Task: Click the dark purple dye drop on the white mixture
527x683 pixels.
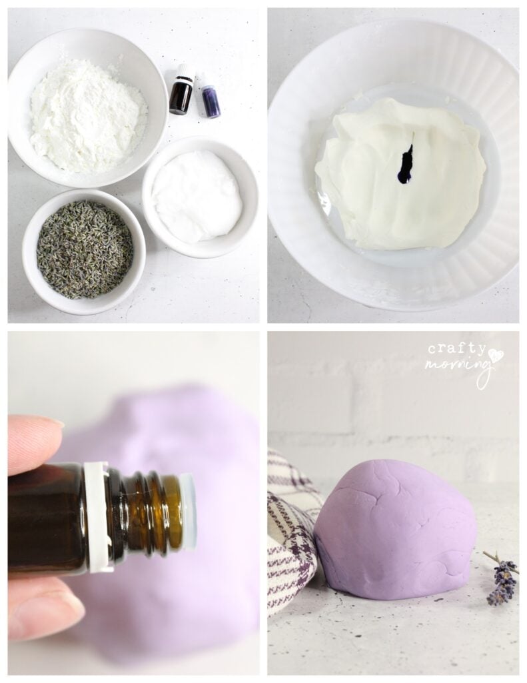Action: coord(406,164)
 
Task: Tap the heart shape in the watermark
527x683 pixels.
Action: coord(496,354)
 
